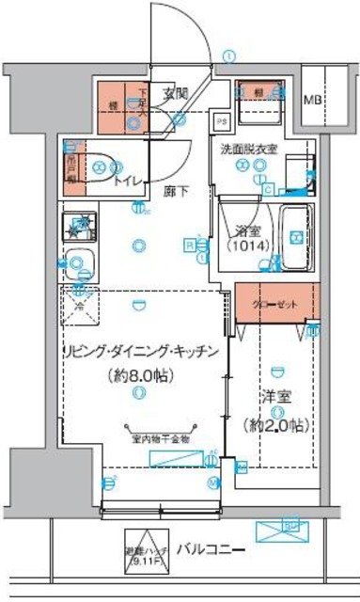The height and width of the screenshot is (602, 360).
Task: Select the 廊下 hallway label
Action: tap(174, 191)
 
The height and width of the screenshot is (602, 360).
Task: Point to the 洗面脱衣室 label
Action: tap(249, 150)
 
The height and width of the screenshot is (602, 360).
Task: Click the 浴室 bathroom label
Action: tap(249, 230)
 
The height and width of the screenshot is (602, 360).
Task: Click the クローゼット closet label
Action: tap(277, 303)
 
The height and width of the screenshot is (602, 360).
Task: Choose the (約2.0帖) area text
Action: tap(275, 426)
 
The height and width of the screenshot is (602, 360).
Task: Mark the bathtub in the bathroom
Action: tap(297, 236)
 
